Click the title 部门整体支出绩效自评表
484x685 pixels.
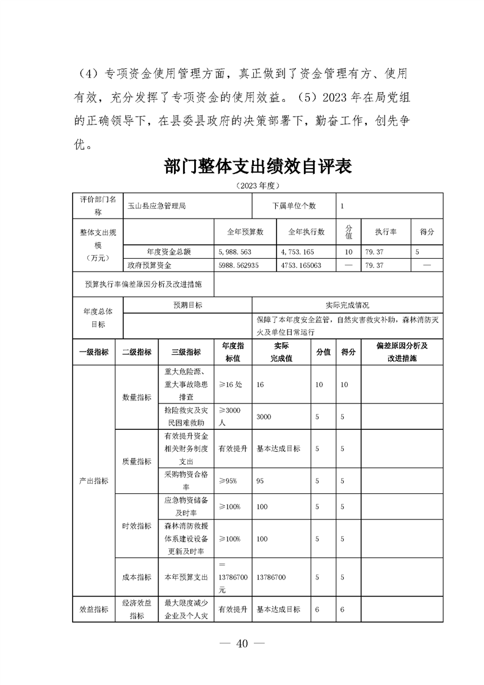[x=259, y=167]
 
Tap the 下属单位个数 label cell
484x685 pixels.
[x=294, y=206]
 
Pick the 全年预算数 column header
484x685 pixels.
[x=245, y=232]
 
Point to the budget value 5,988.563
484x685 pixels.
[x=234, y=252]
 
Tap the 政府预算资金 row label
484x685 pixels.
[x=150, y=266]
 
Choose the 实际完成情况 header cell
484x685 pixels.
[x=348, y=305]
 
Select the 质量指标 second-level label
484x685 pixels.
[x=137, y=462]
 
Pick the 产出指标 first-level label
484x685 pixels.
[x=93, y=481]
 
